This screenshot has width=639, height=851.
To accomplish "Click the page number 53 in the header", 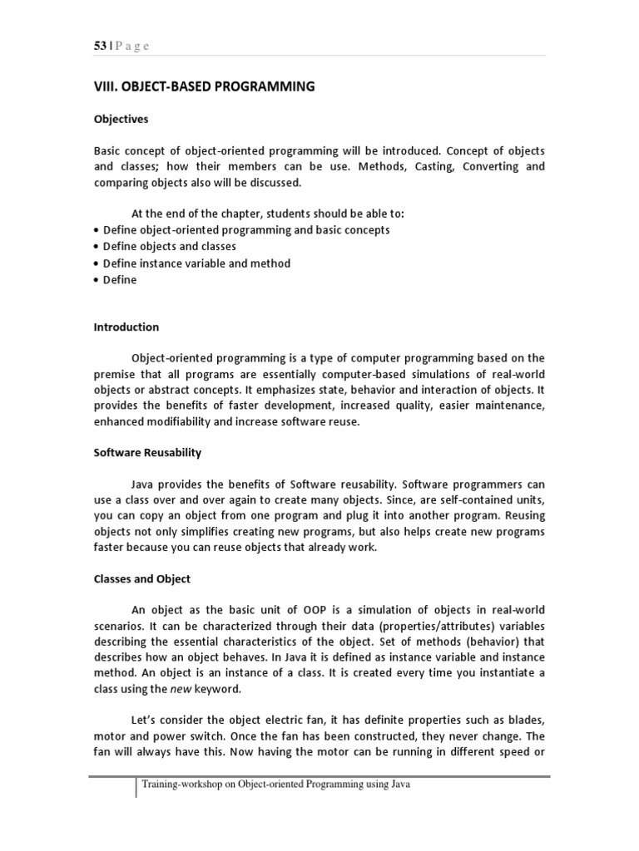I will point(99,47).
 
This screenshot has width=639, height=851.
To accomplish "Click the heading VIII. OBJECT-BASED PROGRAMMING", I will point(204,86).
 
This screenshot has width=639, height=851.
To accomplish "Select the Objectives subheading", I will point(121,119).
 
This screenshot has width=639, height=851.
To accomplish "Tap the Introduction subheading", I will point(126,327).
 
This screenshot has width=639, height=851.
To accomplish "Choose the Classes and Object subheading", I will point(142,578).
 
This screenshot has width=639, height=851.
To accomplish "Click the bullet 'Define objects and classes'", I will point(170,247).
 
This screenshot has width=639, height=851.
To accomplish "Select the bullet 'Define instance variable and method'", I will point(196,263).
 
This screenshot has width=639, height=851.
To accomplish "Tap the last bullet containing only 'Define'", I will point(120,280).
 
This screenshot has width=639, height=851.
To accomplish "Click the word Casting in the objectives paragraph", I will point(419,166).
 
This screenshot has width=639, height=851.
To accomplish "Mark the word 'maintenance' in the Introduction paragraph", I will point(505,406).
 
